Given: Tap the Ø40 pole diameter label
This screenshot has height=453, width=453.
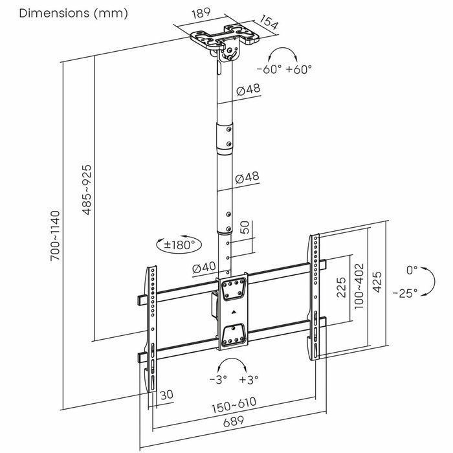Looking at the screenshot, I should click(203, 267).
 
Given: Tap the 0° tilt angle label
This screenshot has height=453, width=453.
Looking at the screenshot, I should click(412, 269).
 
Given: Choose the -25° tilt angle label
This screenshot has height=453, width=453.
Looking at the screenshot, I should click(404, 292).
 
